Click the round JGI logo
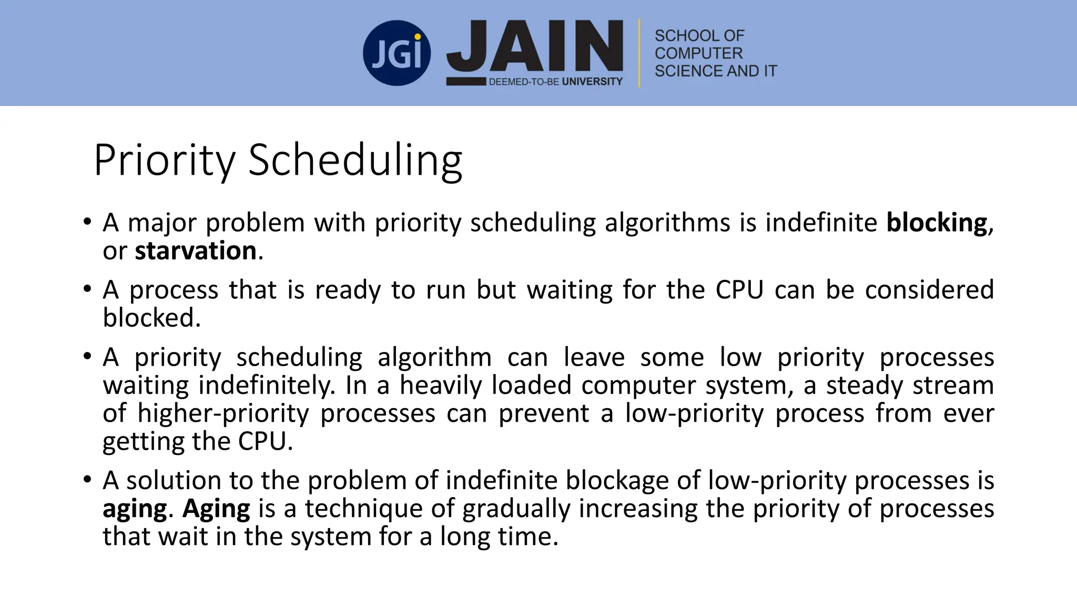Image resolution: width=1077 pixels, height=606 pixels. pyautogui.click(x=397, y=53)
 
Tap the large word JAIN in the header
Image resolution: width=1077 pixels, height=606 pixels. pyautogui.click(x=535, y=46)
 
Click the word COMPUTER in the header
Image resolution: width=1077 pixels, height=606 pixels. pyautogui.click(x=698, y=53)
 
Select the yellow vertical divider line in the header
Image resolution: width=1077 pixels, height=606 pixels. pyautogui.click(x=639, y=53)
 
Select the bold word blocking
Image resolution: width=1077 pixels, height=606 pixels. pyautogui.click(x=937, y=223)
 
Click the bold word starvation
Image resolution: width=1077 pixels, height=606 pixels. pyautogui.click(x=196, y=250)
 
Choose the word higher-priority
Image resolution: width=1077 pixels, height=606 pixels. pyautogui.click(x=223, y=413)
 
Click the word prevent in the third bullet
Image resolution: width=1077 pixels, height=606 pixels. pyautogui.click(x=544, y=413)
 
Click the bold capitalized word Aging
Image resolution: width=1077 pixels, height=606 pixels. pyautogui.click(x=216, y=509)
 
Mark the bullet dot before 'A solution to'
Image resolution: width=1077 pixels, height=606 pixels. pyautogui.click(x=87, y=480)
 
